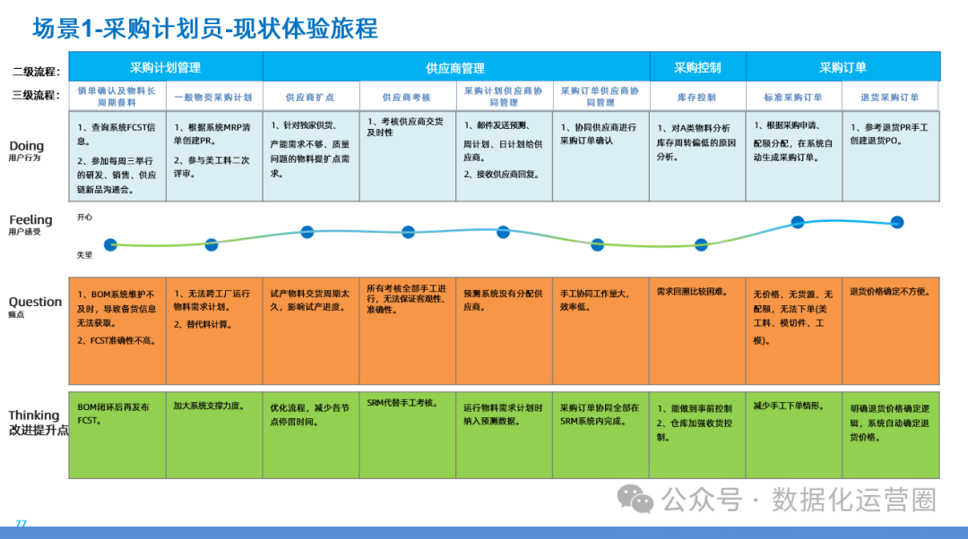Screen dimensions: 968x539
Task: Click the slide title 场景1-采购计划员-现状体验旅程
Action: click(x=205, y=29)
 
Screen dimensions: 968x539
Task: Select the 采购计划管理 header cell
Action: click(x=165, y=67)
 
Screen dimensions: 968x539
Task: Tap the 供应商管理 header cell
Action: click(x=455, y=68)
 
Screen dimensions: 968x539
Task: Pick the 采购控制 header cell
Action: click(x=697, y=67)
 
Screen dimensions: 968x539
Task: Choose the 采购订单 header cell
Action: click(x=843, y=67)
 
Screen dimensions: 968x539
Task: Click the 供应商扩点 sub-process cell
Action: click(x=310, y=97)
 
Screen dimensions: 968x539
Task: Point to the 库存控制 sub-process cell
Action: click(x=696, y=97)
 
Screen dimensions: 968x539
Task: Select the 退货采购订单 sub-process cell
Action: click(x=890, y=97)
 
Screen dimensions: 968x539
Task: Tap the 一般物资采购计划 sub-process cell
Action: click(x=213, y=97)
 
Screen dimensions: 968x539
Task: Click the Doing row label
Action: click(x=27, y=146)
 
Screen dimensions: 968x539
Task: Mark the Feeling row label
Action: click(x=30, y=220)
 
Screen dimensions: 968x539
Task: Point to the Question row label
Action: click(x=35, y=303)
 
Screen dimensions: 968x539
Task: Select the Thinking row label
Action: click(x=34, y=415)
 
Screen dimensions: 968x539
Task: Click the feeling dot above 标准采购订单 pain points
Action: click(x=797, y=222)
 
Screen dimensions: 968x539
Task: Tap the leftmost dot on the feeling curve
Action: click(x=110, y=244)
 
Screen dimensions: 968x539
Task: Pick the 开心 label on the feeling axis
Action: click(x=84, y=217)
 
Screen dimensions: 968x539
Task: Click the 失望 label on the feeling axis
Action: click(x=84, y=255)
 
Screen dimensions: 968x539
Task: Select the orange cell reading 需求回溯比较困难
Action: click(x=697, y=330)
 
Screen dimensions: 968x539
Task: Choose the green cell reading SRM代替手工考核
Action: click(x=407, y=434)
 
